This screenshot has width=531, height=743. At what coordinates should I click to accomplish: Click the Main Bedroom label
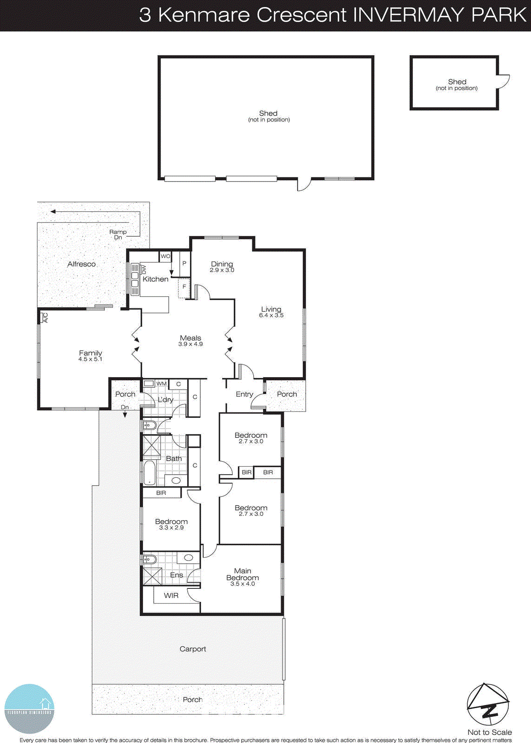pyautogui.click(x=243, y=574)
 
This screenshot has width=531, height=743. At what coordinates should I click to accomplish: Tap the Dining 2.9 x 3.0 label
pyautogui.click(x=222, y=267)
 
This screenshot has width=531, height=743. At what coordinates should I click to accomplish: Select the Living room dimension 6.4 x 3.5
pyautogui.click(x=271, y=315)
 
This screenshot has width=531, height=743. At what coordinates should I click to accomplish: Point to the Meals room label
pyautogui.click(x=190, y=338)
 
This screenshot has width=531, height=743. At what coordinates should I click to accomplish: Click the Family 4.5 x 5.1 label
pyautogui.click(x=90, y=356)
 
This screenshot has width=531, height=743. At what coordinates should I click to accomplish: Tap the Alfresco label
pyautogui.click(x=81, y=264)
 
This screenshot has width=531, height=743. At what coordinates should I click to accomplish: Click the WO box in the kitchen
pyautogui.click(x=165, y=256)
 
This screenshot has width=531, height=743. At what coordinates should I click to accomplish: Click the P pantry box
pyautogui.click(x=184, y=263)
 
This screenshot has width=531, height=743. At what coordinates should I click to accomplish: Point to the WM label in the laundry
pyautogui.click(x=161, y=384)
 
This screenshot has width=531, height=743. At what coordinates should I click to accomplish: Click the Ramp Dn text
pyautogui.click(x=118, y=235)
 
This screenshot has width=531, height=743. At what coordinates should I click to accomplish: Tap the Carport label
pyautogui.click(x=193, y=649)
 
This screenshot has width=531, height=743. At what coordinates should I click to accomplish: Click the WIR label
pyautogui.click(x=171, y=595)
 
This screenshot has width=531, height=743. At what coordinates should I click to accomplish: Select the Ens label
pyautogui.click(x=177, y=575)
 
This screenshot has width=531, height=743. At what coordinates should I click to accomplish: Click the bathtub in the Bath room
pyautogui.click(x=149, y=472)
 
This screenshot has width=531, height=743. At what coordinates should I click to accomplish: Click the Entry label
pyautogui.click(x=244, y=394)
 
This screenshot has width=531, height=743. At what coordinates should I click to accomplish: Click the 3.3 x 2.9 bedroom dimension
pyautogui.click(x=171, y=528)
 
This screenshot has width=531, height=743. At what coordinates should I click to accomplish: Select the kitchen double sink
pyautogui.click(x=135, y=279)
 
